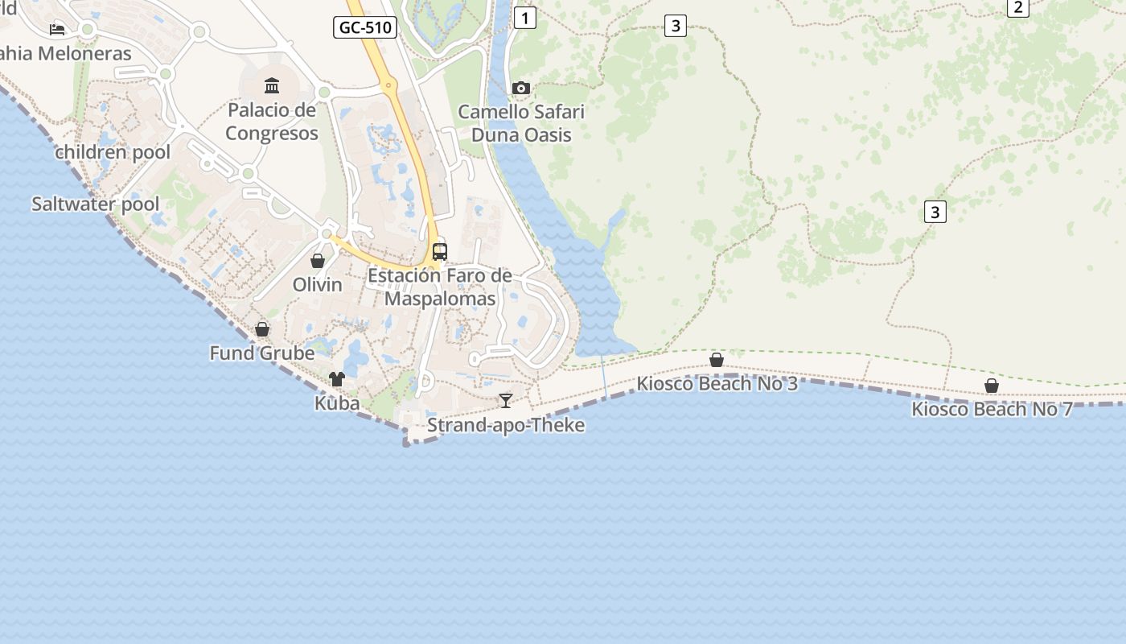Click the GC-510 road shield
[x=365, y=27]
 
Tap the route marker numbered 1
[x=524, y=18]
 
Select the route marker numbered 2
[x=1018, y=7]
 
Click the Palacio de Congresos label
[x=272, y=122]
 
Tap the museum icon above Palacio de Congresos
[x=272, y=85]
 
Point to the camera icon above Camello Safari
[x=521, y=88]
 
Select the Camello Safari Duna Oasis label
[x=521, y=123]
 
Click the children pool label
[x=113, y=152]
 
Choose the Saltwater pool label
[x=96, y=204]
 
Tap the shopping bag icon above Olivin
[x=318, y=261]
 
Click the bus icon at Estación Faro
[x=439, y=251]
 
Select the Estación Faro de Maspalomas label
[x=440, y=287]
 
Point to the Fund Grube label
[x=262, y=353]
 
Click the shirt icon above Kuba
[x=336, y=379]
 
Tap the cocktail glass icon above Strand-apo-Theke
[x=505, y=400]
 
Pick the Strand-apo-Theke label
[x=506, y=425]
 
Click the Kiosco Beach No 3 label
[x=717, y=384]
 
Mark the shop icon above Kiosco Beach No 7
[x=992, y=386]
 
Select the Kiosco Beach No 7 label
[x=992, y=410]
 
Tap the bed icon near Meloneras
[x=57, y=30]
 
